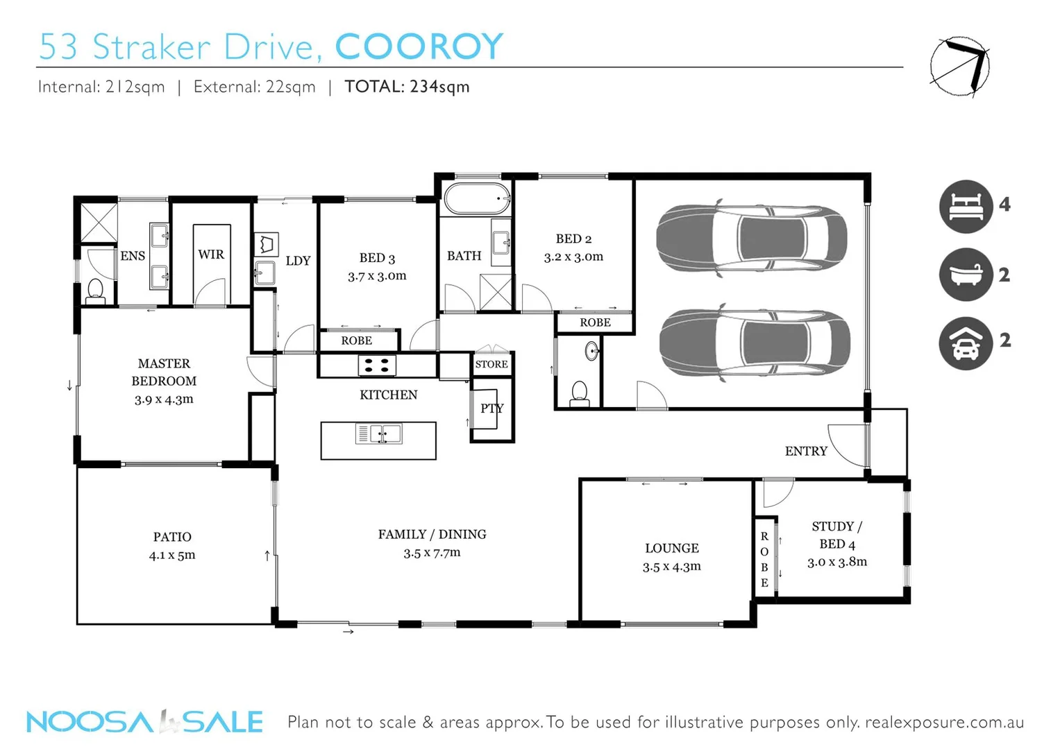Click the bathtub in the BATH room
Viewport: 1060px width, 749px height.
(477, 198)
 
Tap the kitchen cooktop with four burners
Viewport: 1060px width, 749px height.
(377, 365)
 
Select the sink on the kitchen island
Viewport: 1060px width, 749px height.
(379, 434)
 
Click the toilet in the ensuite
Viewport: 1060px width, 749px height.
(95, 291)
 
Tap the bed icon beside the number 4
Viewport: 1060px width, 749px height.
(966, 206)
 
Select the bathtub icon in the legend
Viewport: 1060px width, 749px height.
(966, 274)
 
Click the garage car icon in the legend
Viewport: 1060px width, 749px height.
(966, 343)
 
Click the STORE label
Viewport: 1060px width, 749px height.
(491, 364)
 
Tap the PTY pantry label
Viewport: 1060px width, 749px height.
(491, 408)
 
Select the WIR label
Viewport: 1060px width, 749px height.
(211, 255)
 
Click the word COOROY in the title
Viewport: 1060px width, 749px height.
(419, 47)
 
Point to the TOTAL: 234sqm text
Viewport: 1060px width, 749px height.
(407, 87)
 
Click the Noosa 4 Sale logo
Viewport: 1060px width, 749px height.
(144, 722)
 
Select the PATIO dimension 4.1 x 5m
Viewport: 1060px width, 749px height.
(172, 555)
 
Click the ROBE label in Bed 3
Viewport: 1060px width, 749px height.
(356, 341)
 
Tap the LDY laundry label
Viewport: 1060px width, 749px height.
(298, 261)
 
